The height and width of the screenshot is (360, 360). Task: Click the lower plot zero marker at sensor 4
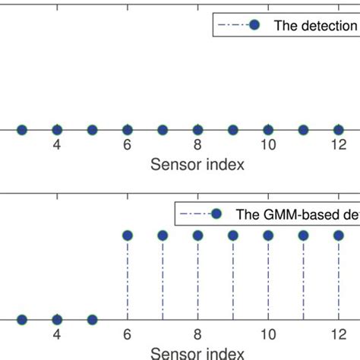[57, 319]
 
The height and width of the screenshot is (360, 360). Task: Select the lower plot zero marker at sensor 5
[92, 319]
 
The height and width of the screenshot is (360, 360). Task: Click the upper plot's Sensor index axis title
[197, 165]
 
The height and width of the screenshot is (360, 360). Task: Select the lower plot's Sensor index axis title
[197, 353]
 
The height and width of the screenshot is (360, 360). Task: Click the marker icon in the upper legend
[255, 25]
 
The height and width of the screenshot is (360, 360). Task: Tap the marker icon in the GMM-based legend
[216, 213]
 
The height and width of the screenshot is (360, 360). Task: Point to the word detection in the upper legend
[327, 25]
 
